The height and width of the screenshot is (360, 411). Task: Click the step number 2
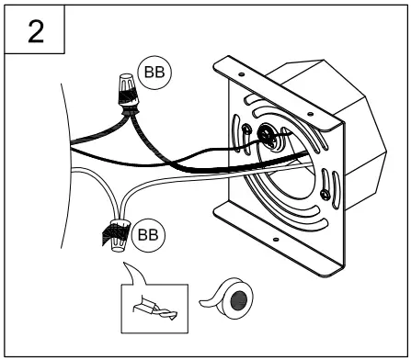(x=36, y=31)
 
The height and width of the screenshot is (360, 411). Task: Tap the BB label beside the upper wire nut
(x=154, y=73)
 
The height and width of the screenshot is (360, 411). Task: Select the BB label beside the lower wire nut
(x=148, y=235)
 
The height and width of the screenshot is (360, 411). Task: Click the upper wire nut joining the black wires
(x=129, y=93)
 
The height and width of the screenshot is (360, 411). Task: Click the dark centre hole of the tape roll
(x=239, y=300)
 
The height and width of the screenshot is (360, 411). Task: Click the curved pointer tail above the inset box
(x=134, y=274)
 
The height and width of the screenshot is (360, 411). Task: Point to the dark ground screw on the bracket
(x=265, y=133)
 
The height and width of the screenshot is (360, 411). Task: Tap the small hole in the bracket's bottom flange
(x=276, y=240)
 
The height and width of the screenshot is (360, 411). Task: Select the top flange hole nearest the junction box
(x=310, y=114)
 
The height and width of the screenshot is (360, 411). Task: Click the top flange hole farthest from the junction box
(x=241, y=74)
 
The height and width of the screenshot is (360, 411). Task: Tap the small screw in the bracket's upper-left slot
(x=246, y=129)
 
